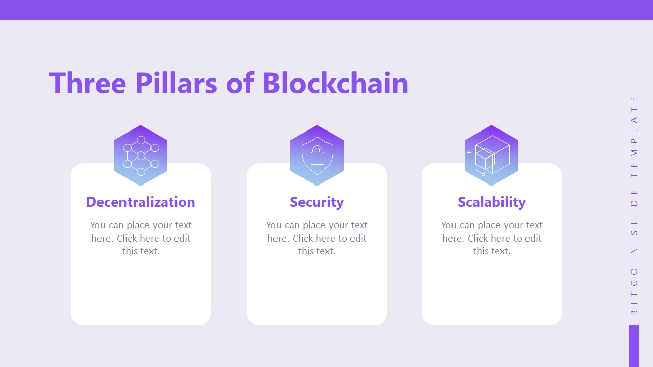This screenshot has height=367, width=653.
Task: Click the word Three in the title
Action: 87,83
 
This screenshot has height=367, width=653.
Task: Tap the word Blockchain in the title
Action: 335,83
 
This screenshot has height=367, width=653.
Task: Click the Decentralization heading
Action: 140,202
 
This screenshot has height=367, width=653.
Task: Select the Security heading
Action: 317,202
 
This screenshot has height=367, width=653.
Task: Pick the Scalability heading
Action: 492,202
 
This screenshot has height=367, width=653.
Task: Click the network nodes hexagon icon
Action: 140,155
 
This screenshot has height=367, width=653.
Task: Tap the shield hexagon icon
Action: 317,155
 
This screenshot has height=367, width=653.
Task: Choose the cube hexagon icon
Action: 491,155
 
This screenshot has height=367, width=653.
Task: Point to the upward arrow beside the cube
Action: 469,156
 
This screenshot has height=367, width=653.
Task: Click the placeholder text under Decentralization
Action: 141,238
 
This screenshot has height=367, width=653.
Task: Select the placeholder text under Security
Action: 317,238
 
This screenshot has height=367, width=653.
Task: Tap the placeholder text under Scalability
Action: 492,238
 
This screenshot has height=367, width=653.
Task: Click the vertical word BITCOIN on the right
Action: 634,281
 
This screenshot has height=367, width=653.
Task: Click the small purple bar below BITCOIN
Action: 634,346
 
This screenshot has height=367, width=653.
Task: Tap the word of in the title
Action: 240,83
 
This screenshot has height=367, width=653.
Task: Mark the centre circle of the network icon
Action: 141,155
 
